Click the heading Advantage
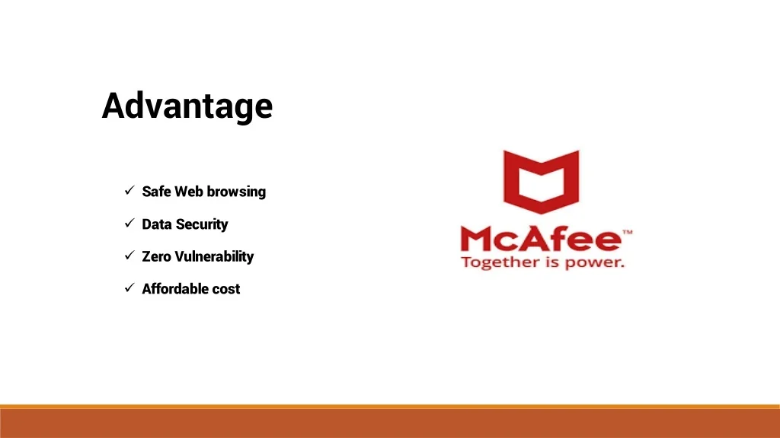(x=187, y=106)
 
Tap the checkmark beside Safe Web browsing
(x=129, y=190)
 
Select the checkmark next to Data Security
(x=129, y=223)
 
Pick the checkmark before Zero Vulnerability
(x=129, y=255)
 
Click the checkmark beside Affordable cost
(x=129, y=287)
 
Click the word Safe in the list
(x=156, y=191)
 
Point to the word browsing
(x=236, y=192)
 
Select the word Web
(x=188, y=191)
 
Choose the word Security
(x=202, y=224)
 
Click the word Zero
(x=156, y=256)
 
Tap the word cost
(x=226, y=289)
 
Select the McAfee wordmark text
(x=542, y=240)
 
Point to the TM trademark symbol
(x=628, y=232)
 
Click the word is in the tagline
(x=553, y=262)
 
